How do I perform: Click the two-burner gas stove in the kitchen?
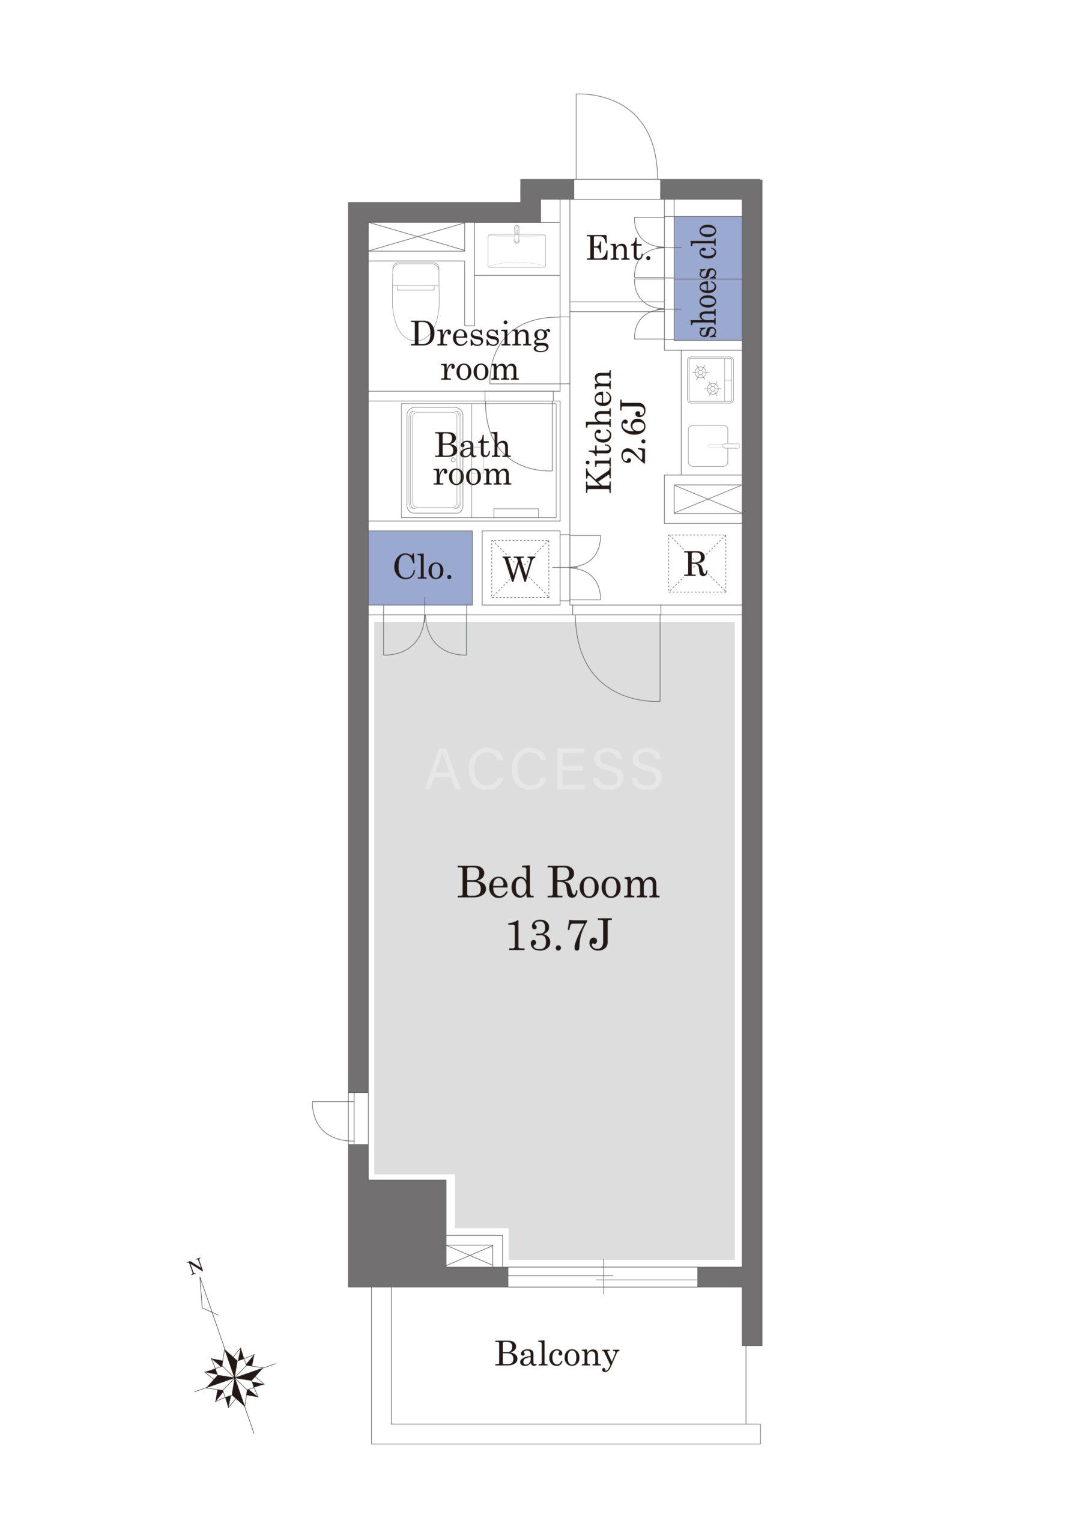[x=709, y=380]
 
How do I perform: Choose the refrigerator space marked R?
[x=697, y=564]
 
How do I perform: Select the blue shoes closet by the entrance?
[x=708, y=278]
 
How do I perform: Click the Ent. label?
[x=619, y=249]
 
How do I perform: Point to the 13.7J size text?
[x=558, y=935]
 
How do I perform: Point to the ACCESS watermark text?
[x=544, y=770]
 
